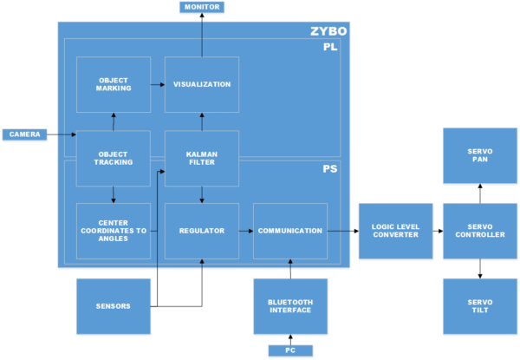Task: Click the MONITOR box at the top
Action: pos(202,7)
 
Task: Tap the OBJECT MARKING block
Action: pos(114,84)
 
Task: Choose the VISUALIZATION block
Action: pos(202,84)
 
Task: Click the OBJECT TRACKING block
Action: pos(114,158)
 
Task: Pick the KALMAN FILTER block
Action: pos(202,158)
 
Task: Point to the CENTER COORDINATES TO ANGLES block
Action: pos(114,231)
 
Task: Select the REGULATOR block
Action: pos(202,231)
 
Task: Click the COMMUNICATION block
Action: pos(290,231)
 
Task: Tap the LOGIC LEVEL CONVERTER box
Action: pos(394,231)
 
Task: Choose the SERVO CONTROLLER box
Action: pos(479,231)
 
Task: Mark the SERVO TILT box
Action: pos(479,305)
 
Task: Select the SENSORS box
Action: pos(114,305)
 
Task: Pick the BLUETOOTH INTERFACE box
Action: pos(290,305)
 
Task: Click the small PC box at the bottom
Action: pos(290,350)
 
